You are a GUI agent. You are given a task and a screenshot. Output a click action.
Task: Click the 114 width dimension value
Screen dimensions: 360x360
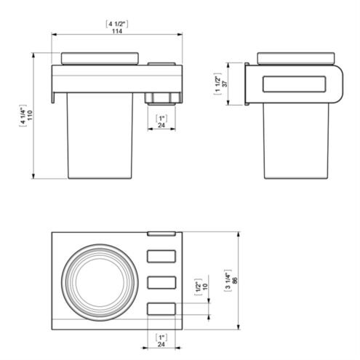click(117, 31)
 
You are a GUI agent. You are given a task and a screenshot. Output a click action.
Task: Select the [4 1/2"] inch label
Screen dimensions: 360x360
click(117, 24)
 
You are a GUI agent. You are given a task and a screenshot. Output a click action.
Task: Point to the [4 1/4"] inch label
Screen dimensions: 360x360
click(23, 116)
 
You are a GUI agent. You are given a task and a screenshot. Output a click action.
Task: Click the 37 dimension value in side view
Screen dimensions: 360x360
click(225, 84)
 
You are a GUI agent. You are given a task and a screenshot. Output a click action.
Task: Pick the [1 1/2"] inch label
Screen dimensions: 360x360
click(218, 84)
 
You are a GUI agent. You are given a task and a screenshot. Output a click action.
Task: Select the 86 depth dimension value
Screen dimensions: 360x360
click(235, 280)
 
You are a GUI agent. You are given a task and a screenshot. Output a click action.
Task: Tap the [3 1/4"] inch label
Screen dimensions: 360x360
click(228, 280)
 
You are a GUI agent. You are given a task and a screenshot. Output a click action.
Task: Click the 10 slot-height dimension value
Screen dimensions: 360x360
click(205, 286)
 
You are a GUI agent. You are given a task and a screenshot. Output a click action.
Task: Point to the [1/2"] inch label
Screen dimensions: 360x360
click(199, 287)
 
